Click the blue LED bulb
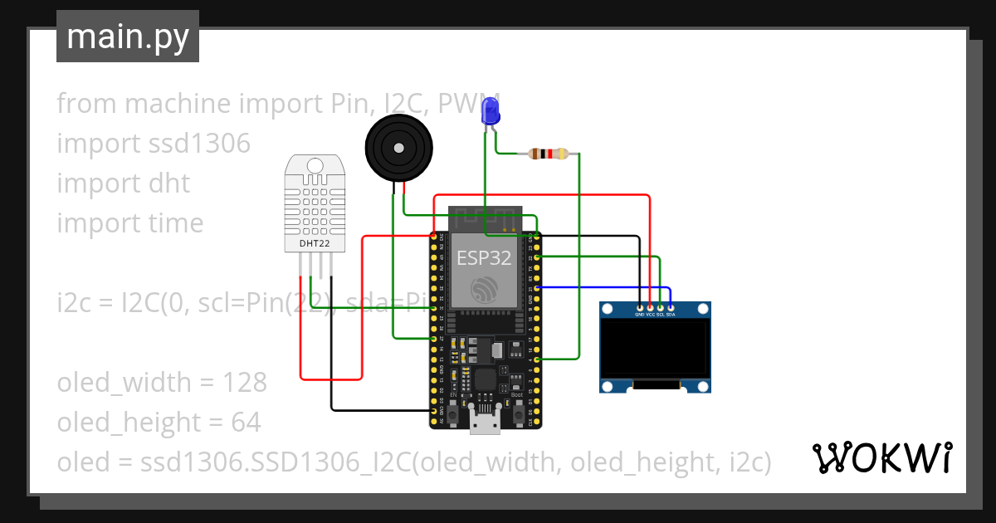[491, 110]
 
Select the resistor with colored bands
[549, 154]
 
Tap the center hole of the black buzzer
[399, 148]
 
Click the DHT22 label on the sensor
[314, 244]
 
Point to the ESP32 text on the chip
[484, 258]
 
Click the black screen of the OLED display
[656, 349]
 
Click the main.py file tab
[128, 37]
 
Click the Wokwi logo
[881, 457]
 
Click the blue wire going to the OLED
[606, 287]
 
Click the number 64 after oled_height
[246, 423]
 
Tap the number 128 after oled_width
[245, 383]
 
